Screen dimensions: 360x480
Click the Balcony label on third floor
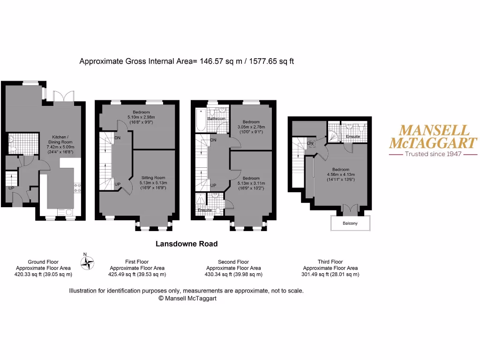pyautogui.click(x=350, y=224)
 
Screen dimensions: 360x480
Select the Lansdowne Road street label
pyautogui.click(x=187, y=244)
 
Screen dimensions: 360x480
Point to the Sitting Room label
pyautogui.click(x=154, y=178)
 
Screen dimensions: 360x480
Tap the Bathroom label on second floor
pyautogui.click(x=217, y=119)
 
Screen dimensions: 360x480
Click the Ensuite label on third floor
pyautogui.click(x=352, y=136)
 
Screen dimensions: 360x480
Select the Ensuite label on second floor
pyautogui.click(x=204, y=210)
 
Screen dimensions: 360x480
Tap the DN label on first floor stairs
pyautogui.click(x=117, y=138)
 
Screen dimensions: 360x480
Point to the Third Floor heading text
pyautogui.click(x=330, y=262)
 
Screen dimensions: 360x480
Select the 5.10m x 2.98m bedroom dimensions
pyautogui.click(x=141, y=117)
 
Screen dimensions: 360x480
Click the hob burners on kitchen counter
pyautogui.click(x=78, y=188)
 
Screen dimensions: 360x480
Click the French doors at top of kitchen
pyautogui.click(x=63, y=96)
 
